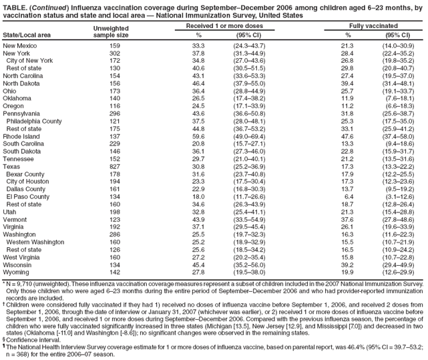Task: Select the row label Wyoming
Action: click(x=17, y=273)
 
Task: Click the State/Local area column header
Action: click(x=26, y=33)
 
